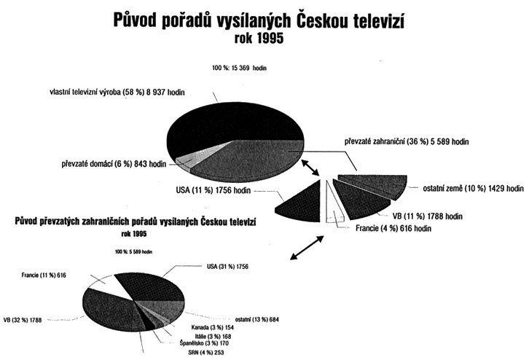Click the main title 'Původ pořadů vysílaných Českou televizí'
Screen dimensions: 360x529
[259, 20]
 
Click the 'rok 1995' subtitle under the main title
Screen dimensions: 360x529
[259, 40]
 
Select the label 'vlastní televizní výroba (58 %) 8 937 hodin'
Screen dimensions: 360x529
[128, 93]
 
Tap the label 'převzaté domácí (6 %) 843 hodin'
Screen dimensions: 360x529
[113, 164]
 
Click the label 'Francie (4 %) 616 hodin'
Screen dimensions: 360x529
[393, 229]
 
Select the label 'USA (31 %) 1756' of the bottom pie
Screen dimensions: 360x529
[227, 267]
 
